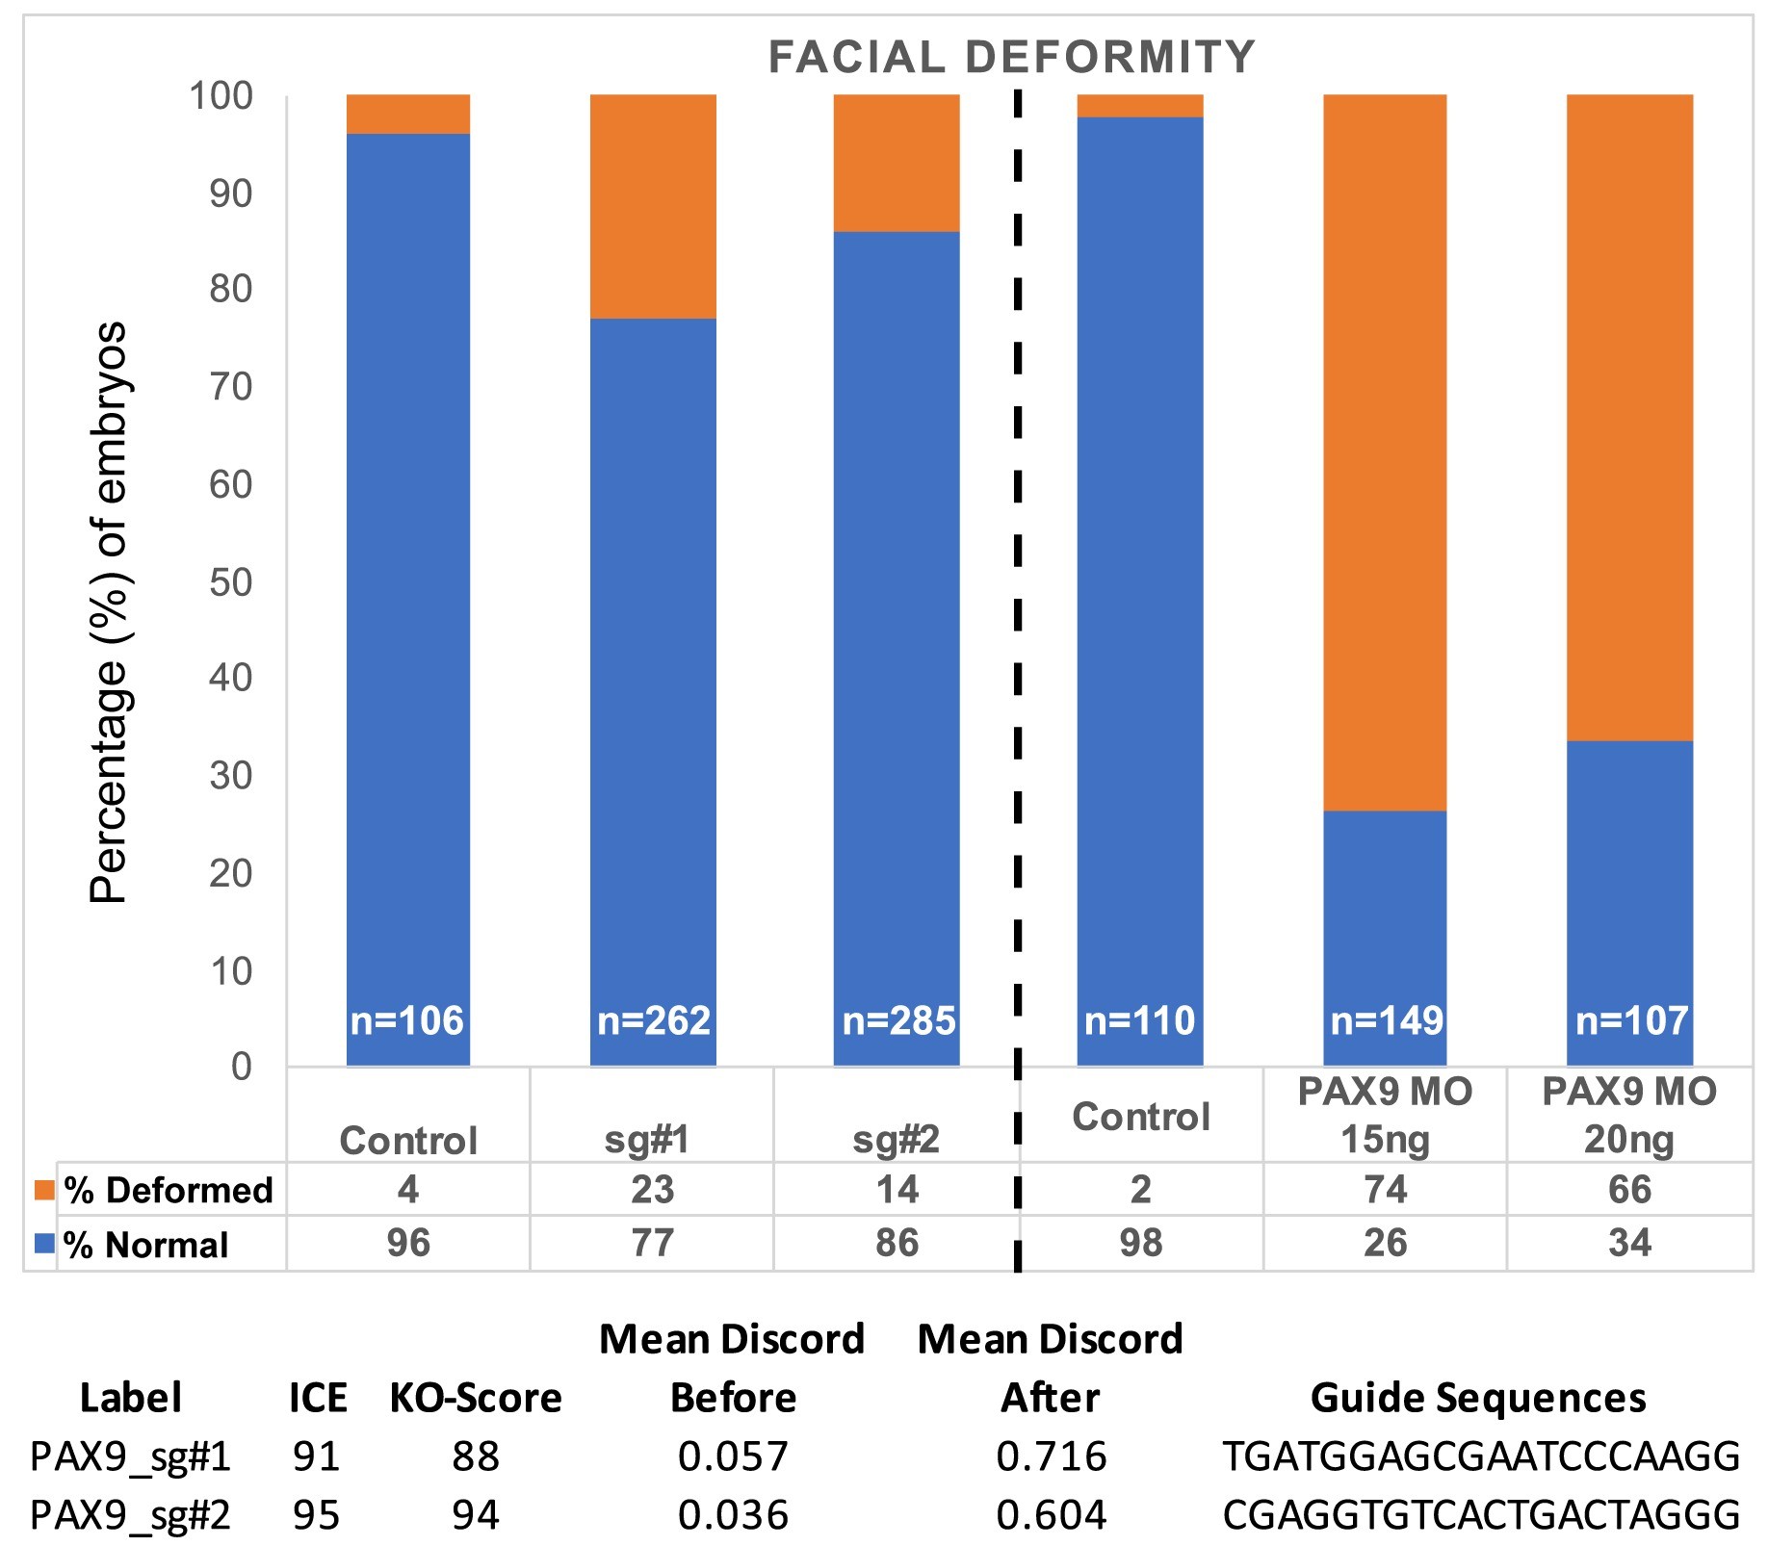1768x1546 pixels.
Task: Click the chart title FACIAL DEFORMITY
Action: point(1011,57)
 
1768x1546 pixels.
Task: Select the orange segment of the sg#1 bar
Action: point(653,206)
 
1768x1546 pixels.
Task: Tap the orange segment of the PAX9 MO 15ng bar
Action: point(1385,452)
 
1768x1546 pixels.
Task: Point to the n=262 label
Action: point(654,1020)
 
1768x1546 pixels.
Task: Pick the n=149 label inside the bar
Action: point(1386,1020)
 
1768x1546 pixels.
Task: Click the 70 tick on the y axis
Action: point(231,387)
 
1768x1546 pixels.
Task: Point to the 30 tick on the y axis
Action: point(231,776)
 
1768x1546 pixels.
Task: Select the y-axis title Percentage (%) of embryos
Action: point(108,612)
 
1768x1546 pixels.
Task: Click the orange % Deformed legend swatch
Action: point(44,1190)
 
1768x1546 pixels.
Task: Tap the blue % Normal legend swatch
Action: point(44,1244)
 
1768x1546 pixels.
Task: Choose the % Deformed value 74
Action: point(1385,1190)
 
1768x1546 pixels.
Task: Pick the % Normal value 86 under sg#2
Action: point(897,1243)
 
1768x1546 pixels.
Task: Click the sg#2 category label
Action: point(897,1140)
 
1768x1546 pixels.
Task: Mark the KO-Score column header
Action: point(476,1398)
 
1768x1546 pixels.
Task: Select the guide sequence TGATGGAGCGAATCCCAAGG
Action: point(1481,1456)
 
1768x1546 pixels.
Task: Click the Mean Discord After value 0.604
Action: point(1052,1515)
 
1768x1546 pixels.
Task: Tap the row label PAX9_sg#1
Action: point(131,1456)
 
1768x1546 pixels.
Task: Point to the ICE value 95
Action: point(317,1515)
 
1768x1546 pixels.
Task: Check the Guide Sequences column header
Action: point(1478,1398)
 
